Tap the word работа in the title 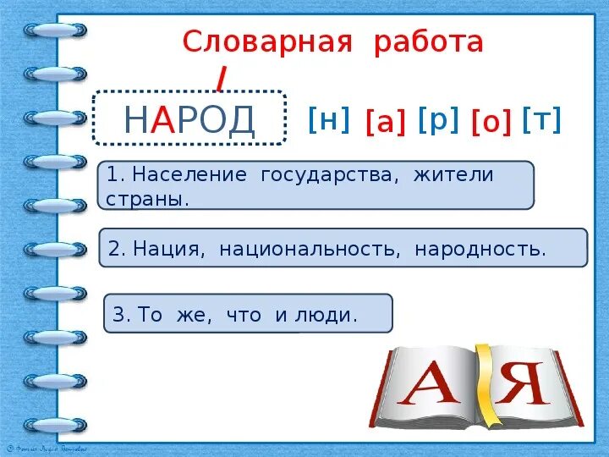(429, 41)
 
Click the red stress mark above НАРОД (221, 78)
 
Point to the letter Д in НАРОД (239, 121)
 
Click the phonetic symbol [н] (329, 120)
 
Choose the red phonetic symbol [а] (385, 124)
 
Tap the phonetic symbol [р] (438, 120)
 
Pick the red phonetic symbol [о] (491, 124)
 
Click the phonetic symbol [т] (542, 120)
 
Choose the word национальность (310, 250)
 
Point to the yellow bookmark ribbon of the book (483, 381)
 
